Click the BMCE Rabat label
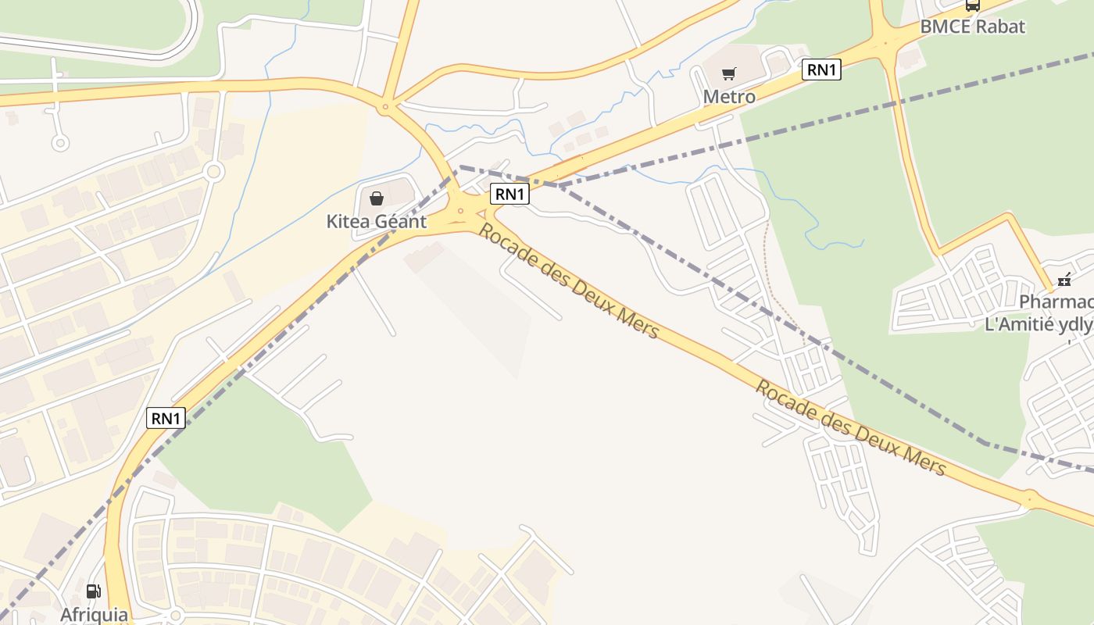point(972,26)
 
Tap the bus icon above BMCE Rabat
point(972,5)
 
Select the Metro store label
point(729,96)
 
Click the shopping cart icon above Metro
point(728,74)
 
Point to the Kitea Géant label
point(376,221)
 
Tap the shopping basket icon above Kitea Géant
point(377,198)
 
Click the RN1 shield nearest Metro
point(821,70)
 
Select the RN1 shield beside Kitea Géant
point(509,194)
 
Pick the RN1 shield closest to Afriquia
point(166,418)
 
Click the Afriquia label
point(94,613)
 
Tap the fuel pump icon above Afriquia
point(94,591)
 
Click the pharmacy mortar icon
point(1064,279)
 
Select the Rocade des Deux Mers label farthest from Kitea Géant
point(850,427)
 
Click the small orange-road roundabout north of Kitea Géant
point(384,106)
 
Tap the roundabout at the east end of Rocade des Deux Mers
point(1029,498)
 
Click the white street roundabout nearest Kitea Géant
point(215,171)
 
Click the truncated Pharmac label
point(1055,302)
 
